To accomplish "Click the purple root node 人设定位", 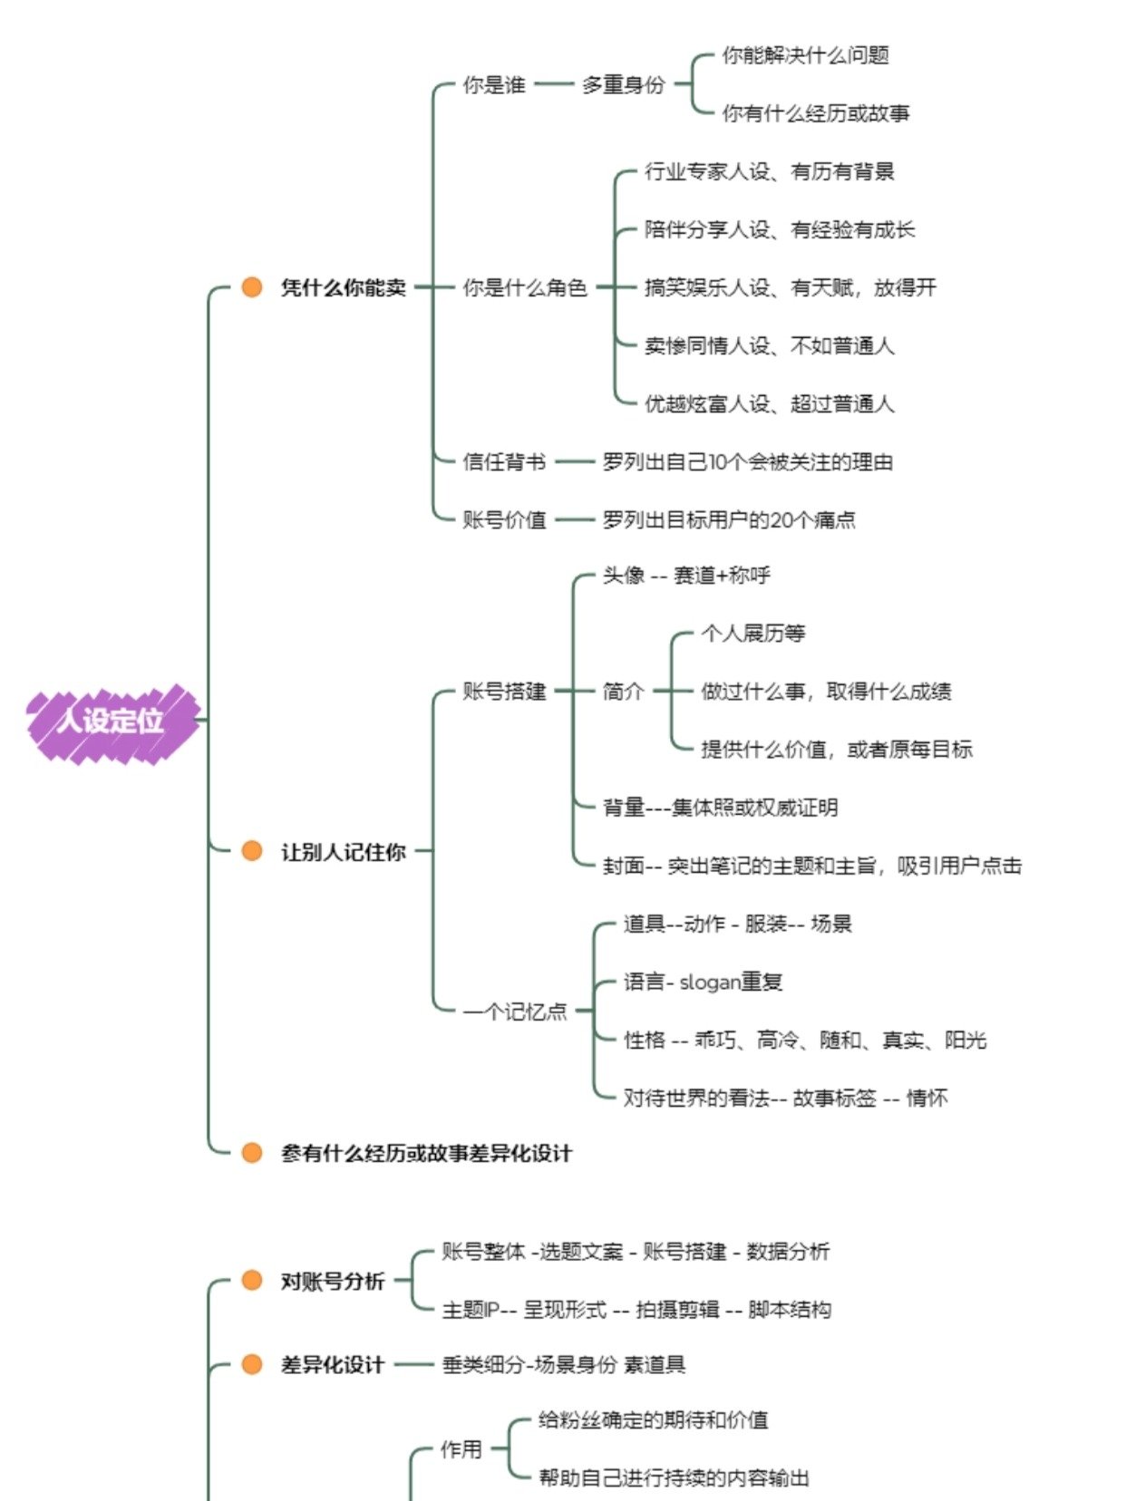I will coord(112,721).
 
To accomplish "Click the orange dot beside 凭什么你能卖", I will coord(252,287).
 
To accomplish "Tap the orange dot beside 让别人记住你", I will coord(252,851).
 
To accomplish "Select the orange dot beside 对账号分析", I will coord(252,1281).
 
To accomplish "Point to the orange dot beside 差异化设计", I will coord(252,1364).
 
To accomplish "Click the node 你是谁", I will coord(494,85).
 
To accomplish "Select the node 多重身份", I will coord(624,85).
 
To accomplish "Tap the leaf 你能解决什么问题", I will coord(805,56).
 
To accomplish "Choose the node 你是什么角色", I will coord(525,288).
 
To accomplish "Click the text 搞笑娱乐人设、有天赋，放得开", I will coord(790,288).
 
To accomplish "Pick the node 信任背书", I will coord(504,462).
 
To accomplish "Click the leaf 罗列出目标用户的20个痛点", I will coord(729,520).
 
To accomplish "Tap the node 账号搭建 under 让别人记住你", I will coord(504,692).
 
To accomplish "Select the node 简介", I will coord(624,692).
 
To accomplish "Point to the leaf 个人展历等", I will coord(752,634).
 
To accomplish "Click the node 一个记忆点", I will coord(515,1012).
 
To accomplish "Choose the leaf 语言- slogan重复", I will coord(703,982).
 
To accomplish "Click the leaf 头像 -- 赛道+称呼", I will coord(686,576).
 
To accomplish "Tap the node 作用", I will coord(461,1449).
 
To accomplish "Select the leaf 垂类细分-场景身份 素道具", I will coord(563,1365).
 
